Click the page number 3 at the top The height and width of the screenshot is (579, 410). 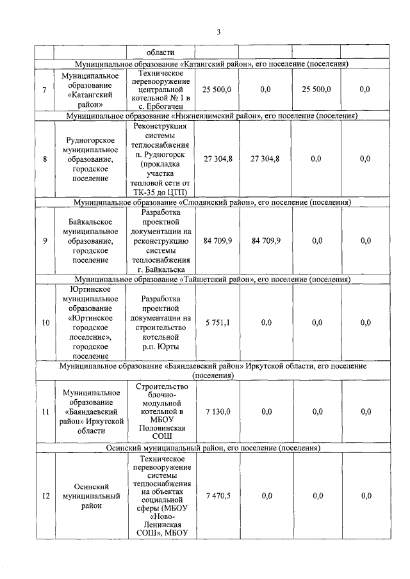click(218, 31)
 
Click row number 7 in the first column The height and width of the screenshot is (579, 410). click(44, 90)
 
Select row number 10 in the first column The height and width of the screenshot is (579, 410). click(45, 322)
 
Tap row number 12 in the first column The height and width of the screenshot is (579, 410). click(45, 495)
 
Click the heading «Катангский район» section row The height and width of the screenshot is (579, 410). click(211, 65)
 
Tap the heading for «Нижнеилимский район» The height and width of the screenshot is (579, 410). click(211, 116)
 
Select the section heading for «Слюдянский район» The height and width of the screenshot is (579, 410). click(211, 202)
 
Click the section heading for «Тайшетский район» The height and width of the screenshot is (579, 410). click(211, 280)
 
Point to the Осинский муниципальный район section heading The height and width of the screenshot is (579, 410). click(211, 449)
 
